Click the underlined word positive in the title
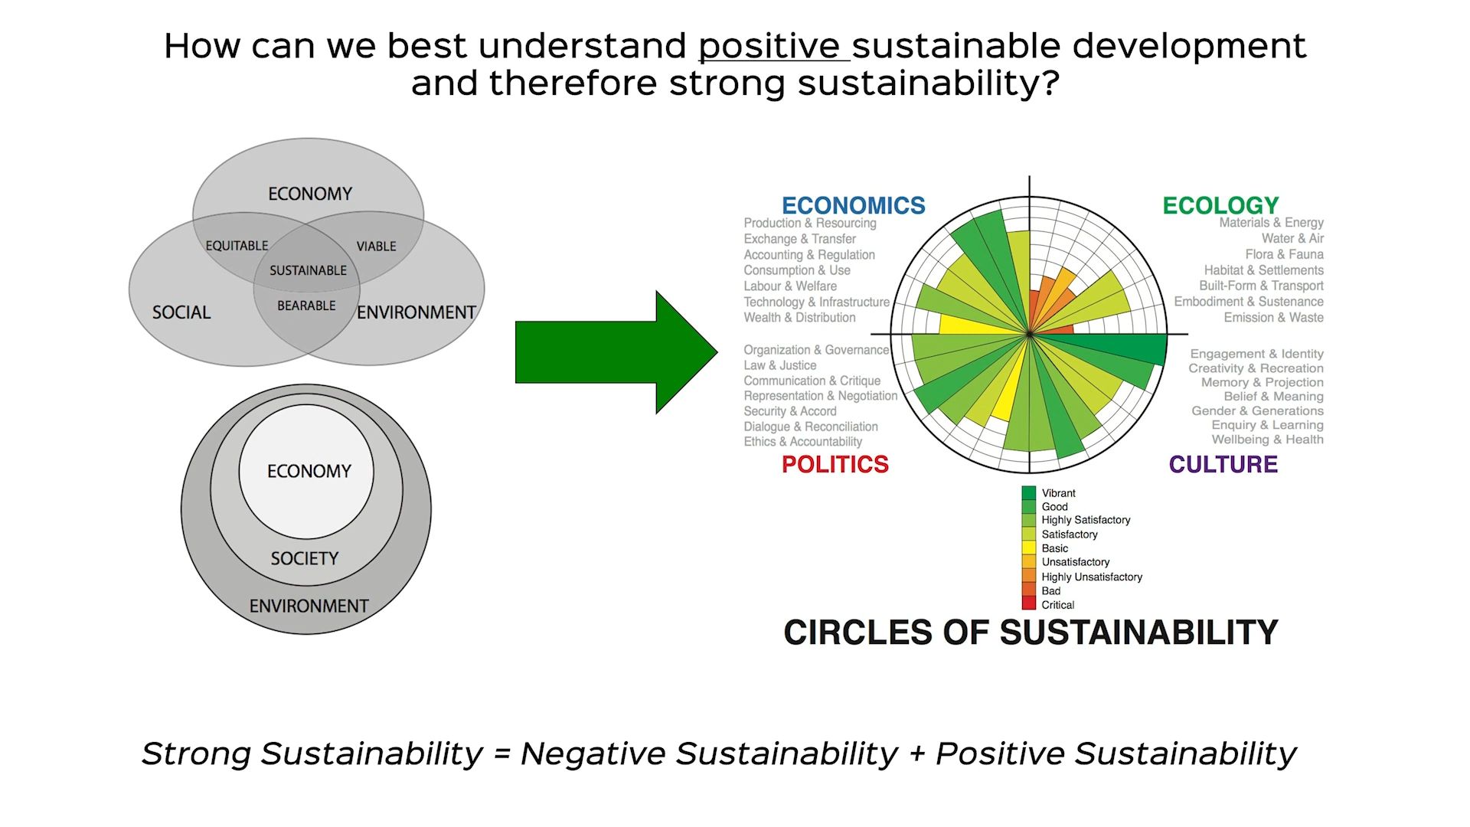coord(773,47)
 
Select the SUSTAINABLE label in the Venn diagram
coord(308,270)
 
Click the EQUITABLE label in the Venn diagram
coord(237,246)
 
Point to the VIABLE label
coord(376,247)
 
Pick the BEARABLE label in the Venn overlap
coord(306,306)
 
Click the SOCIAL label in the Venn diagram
coord(181,312)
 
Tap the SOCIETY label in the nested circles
coord(305,558)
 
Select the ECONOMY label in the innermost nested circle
coord(309,471)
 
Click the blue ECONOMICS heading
coord(853,205)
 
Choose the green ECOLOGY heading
coord(1220,205)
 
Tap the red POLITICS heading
coord(835,464)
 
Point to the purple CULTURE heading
coord(1223,464)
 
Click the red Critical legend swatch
coord(1028,604)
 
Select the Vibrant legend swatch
coord(1028,493)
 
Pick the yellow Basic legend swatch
coord(1028,548)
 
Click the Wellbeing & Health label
coord(1267,440)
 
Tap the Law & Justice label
coord(779,365)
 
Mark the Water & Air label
coord(1292,238)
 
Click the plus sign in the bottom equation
coord(916,753)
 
